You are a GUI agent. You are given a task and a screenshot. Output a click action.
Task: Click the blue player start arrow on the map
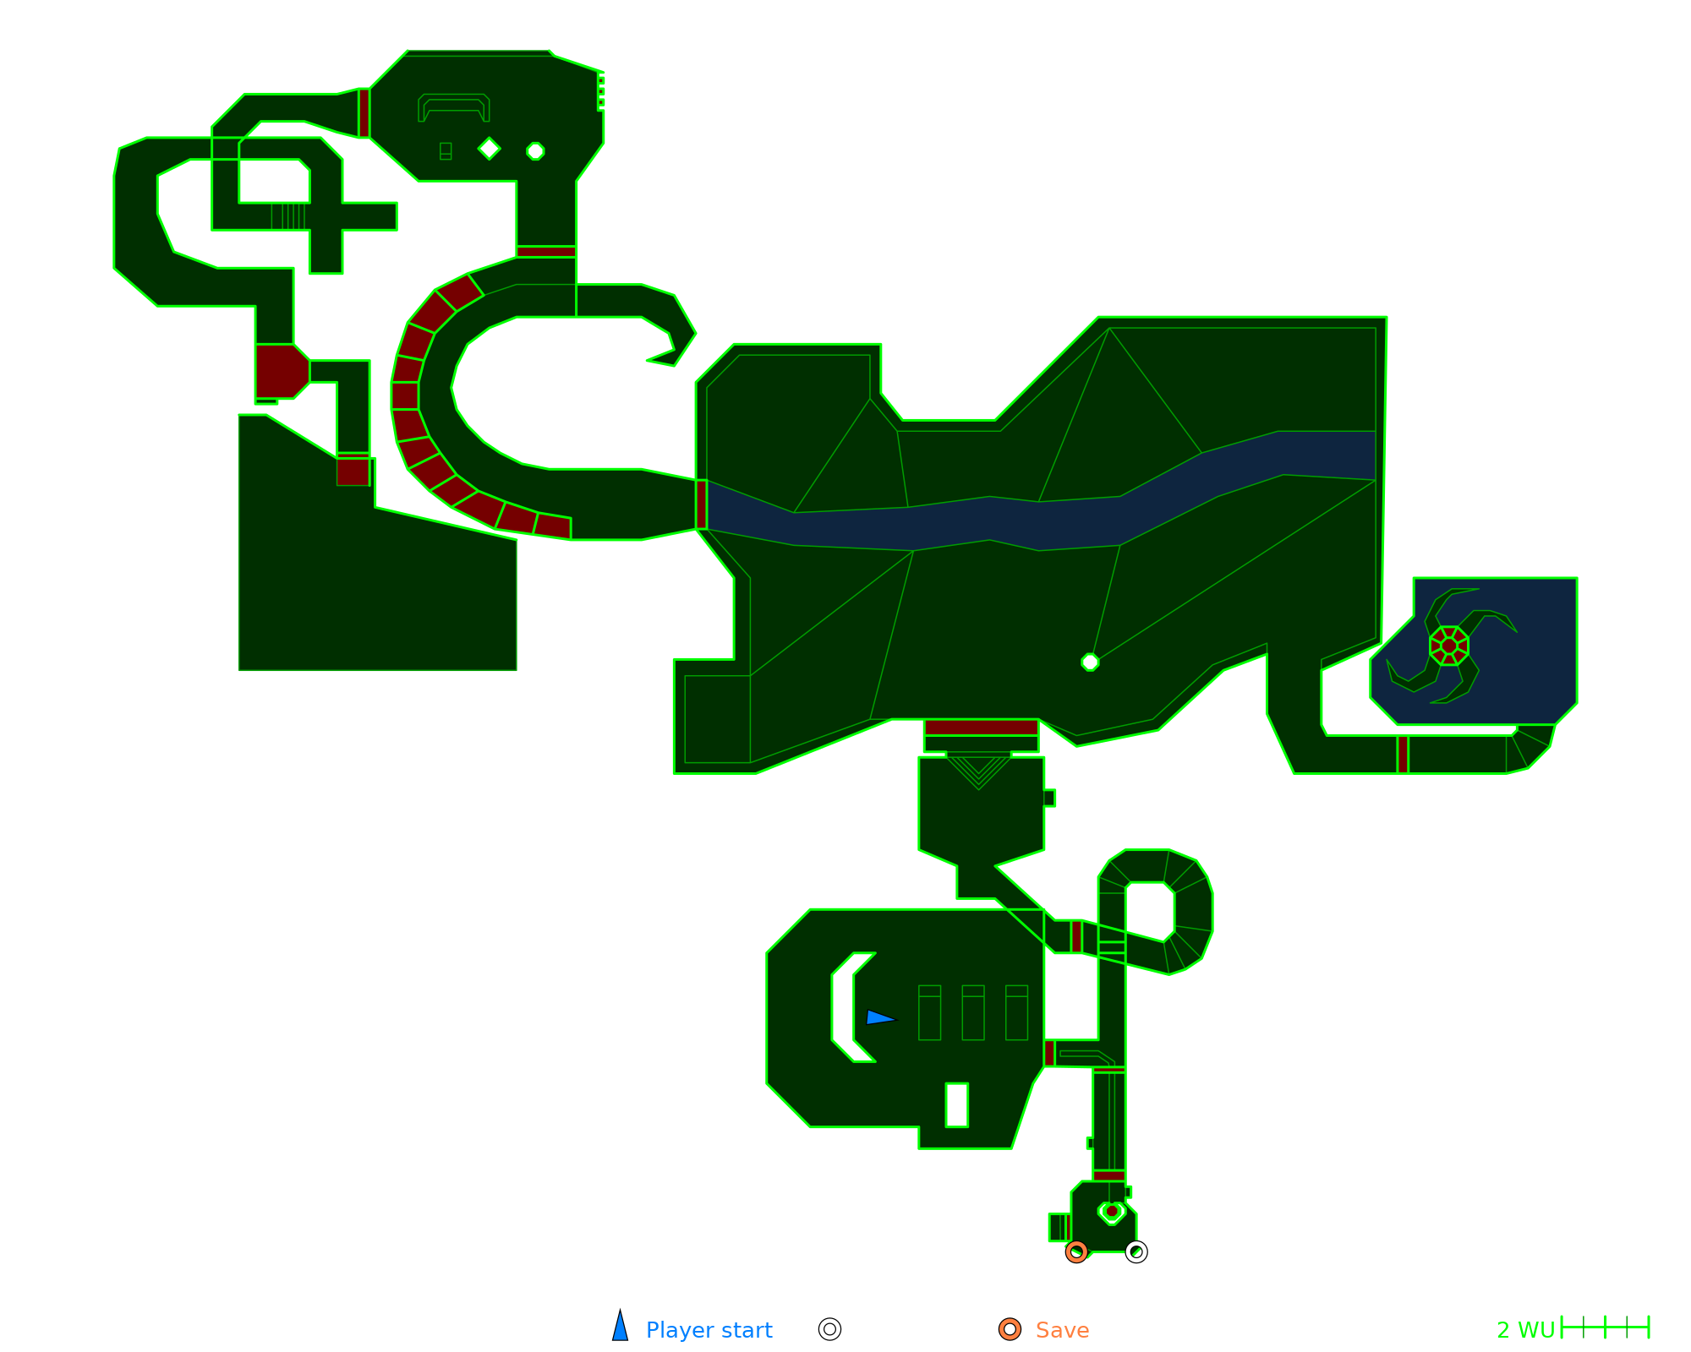point(879,1017)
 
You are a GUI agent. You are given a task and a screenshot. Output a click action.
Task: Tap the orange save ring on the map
point(1076,1251)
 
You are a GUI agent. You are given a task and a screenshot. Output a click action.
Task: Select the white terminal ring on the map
point(1136,1251)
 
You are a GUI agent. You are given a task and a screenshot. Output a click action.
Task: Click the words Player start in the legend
point(709,1330)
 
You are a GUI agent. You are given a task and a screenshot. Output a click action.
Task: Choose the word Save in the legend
point(1062,1330)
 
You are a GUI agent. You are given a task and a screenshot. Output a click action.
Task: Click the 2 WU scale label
point(1525,1330)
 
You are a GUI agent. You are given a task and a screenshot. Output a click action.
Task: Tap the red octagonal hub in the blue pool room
point(1449,646)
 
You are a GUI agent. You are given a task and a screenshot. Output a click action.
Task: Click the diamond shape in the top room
point(489,149)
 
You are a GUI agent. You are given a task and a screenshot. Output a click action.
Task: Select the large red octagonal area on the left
point(282,371)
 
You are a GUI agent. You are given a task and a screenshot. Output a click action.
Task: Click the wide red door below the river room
point(981,728)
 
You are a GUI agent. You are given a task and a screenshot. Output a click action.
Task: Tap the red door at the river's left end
point(701,504)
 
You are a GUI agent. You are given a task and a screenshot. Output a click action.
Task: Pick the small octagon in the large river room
point(1090,662)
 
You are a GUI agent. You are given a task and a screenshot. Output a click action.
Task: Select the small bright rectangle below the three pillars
point(956,1104)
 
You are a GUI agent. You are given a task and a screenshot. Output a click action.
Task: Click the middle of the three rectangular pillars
point(973,1012)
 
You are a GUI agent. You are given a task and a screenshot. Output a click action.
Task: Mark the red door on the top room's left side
point(364,113)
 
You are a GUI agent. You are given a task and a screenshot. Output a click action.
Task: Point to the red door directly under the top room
point(546,252)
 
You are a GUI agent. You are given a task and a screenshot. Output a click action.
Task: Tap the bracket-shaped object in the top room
point(454,105)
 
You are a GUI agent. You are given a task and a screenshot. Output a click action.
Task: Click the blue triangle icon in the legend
point(621,1327)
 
